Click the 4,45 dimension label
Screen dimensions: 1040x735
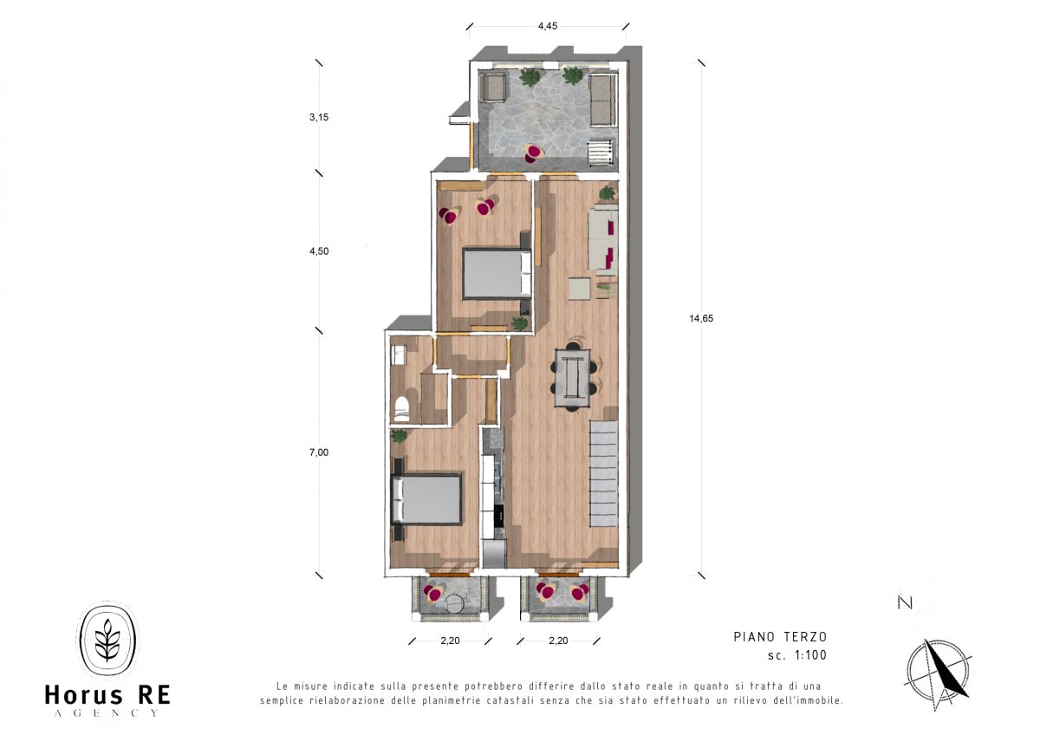(548, 26)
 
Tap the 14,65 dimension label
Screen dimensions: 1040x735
(701, 318)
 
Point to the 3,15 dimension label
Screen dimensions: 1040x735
(319, 118)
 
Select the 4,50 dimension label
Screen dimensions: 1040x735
(319, 251)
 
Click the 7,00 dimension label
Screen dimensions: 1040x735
(319, 452)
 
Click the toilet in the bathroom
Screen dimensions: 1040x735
(401, 408)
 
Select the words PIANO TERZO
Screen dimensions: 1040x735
(780, 636)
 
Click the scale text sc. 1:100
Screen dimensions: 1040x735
(797, 655)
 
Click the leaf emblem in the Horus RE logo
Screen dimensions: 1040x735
(107, 641)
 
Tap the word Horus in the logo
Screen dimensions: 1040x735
(83, 695)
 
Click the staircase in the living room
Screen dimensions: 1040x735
(604, 473)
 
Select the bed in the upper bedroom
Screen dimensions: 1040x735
(497, 274)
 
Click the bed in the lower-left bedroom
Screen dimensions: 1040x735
(427, 499)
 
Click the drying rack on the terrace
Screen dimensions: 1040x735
(600, 153)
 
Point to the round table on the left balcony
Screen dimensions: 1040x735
(454, 603)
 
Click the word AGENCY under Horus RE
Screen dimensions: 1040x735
(107, 713)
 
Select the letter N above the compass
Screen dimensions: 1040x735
(906, 602)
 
